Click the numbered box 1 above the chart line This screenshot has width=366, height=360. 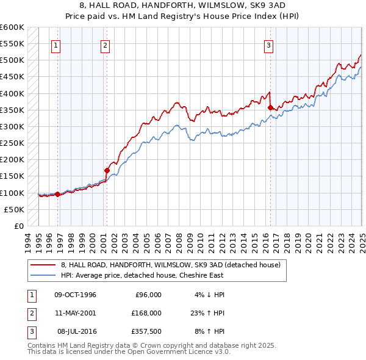click(x=56, y=45)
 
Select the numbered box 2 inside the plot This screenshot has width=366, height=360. click(x=105, y=45)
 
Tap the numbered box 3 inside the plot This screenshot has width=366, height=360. click(x=268, y=45)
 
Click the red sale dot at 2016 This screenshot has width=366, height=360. click(x=270, y=107)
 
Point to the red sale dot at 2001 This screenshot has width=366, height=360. click(x=107, y=170)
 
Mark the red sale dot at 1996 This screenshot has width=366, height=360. click(x=58, y=194)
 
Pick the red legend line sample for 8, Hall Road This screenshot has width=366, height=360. click(x=43, y=265)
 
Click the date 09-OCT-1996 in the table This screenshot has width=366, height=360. click(x=76, y=295)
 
